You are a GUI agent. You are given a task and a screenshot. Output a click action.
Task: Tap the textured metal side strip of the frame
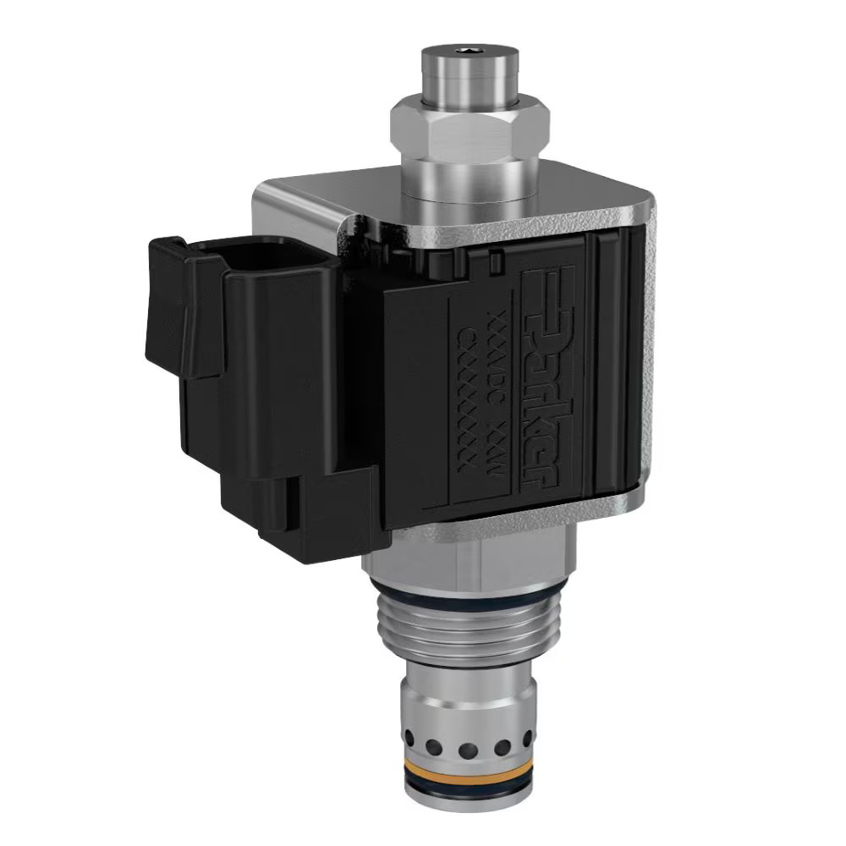(647, 355)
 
